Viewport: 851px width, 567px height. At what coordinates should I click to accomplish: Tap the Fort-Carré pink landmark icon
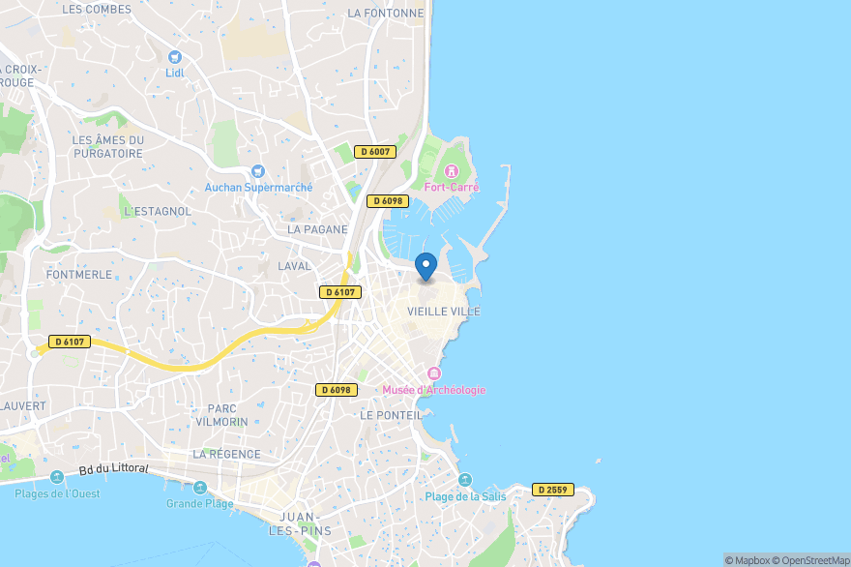[x=451, y=171]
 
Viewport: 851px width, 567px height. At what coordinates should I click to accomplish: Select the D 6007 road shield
[x=375, y=152]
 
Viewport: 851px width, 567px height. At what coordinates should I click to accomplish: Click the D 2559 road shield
[x=553, y=490]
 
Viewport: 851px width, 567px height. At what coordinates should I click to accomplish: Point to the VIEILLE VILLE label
[x=444, y=312]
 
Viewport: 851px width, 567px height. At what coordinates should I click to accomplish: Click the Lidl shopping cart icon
[x=175, y=57]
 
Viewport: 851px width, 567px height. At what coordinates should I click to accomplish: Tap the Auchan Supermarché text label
[x=258, y=187]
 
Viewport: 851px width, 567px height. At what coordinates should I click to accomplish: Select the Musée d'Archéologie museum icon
[x=433, y=373]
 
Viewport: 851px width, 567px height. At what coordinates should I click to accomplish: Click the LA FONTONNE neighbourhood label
[x=385, y=14]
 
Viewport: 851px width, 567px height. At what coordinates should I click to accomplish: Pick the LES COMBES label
[x=97, y=9]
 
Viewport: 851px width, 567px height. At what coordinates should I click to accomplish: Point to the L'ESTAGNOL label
[x=158, y=211]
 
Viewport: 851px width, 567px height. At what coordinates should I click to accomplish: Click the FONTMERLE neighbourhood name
[x=79, y=275]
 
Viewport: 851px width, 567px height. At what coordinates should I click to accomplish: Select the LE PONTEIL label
[x=391, y=415]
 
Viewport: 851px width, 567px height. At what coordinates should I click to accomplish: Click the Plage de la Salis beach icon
[x=465, y=481]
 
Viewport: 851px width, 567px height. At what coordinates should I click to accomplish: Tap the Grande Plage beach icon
[x=200, y=488]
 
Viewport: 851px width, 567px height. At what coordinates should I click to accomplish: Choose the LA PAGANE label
[x=317, y=229]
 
